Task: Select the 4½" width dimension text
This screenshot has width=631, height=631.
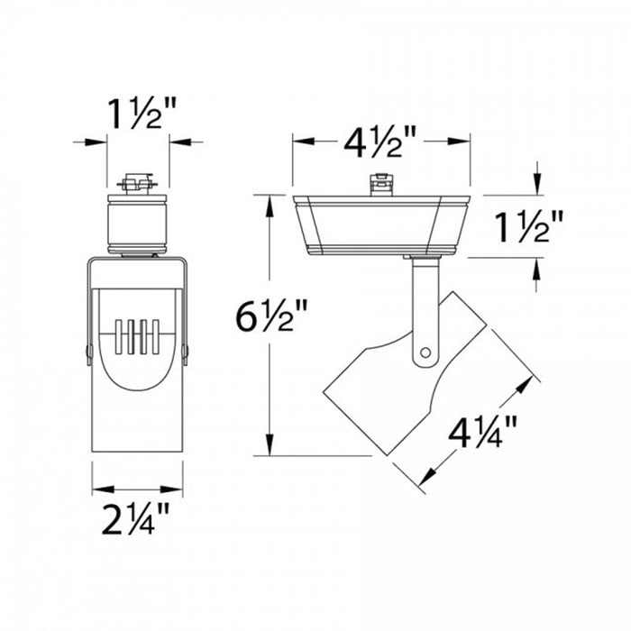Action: pyautogui.click(x=380, y=142)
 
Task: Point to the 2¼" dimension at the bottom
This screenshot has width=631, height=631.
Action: pyautogui.click(x=137, y=520)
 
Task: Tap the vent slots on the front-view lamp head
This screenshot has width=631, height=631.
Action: pyautogui.click(x=137, y=340)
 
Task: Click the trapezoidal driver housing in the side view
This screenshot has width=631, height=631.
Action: pyautogui.click(x=380, y=223)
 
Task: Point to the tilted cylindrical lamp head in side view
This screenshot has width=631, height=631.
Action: pyautogui.click(x=424, y=388)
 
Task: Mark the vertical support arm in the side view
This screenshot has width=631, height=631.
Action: pyautogui.click(x=423, y=306)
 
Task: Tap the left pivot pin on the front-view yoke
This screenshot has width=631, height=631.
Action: pyautogui.click(x=88, y=352)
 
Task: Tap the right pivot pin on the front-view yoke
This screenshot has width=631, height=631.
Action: pyautogui.click(x=186, y=352)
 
